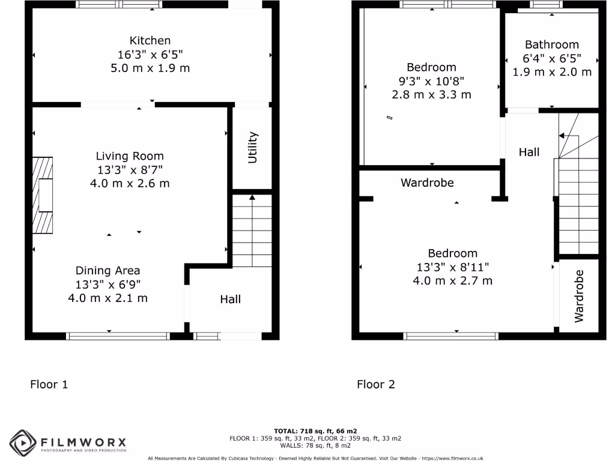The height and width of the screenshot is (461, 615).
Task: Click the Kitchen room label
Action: pyautogui.click(x=150, y=41)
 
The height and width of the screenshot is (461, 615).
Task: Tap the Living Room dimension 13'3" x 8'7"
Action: pyautogui.click(x=130, y=170)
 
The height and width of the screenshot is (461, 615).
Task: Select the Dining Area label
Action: pyautogui.click(x=108, y=271)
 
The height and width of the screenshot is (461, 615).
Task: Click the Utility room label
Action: pyautogui.click(x=252, y=147)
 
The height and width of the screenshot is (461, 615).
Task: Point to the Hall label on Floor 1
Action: pyautogui.click(x=230, y=299)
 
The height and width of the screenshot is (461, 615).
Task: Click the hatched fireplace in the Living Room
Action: pyautogui.click(x=42, y=195)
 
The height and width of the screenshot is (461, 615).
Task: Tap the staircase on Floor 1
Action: pyautogui.click(x=252, y=231)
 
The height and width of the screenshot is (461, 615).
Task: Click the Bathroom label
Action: pyautogui.click(x=551, y=44)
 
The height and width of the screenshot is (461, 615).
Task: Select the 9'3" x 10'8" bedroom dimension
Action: pyautogui.click(x=431, y=81)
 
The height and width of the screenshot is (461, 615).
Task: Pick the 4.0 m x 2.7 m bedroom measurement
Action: pyautogui.click(x=452, y=280)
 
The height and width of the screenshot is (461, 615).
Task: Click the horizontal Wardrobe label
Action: pyautogui.click(x=427, y=182)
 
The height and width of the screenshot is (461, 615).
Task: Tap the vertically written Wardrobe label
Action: pyautogui.click(x=579, y=295)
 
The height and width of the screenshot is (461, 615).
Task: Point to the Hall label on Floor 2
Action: pyautogui.click(x=529, y=152)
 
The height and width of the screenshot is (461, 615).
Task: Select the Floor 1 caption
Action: pyautogui.click(x=49, y=384)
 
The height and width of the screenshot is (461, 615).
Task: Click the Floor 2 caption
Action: pyautogui.click(x=376, y=384)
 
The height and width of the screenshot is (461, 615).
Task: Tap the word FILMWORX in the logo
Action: pyautogui.click(x=83, y=442)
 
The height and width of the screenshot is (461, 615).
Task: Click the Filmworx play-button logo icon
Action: pyautogui.click(x=23, y=444)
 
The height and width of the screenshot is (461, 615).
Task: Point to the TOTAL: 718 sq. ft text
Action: pyautogui.click(x=315, y=431)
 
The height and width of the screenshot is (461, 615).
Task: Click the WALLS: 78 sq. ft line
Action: pyautogui.click(x=315, y=445)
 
